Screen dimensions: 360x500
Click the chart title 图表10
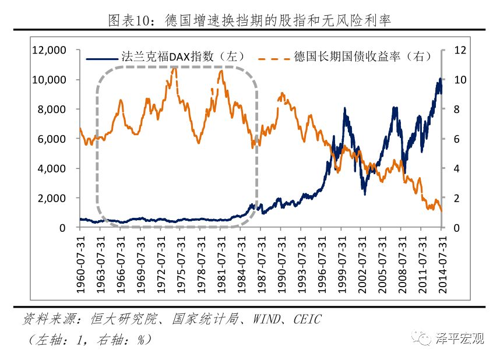click(x=249, y=21)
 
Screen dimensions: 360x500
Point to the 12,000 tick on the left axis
click(x=50, y=50)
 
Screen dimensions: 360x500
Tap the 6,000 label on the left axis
click(x=55, y=139)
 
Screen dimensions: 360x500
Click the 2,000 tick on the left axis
click(x=55, y=199)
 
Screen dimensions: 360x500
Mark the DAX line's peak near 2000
click(x=345, y=108)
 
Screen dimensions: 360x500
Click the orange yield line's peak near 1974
click(x=175, y=68)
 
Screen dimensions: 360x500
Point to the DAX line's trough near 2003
click(x=365, y=193)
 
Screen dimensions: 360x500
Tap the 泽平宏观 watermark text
click(x=460, y=338)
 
